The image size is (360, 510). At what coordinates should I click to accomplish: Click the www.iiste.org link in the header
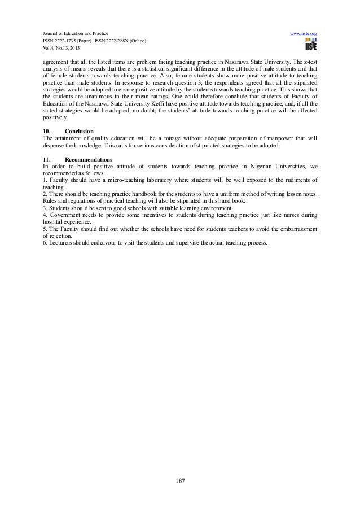click(303, 34)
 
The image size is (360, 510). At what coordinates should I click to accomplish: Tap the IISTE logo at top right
click(309, 47)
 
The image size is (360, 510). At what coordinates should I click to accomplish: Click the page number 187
click(180, 481)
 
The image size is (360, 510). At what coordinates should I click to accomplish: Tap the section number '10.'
click(47, 131)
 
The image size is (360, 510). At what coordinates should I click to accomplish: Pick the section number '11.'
click(47, 160)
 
